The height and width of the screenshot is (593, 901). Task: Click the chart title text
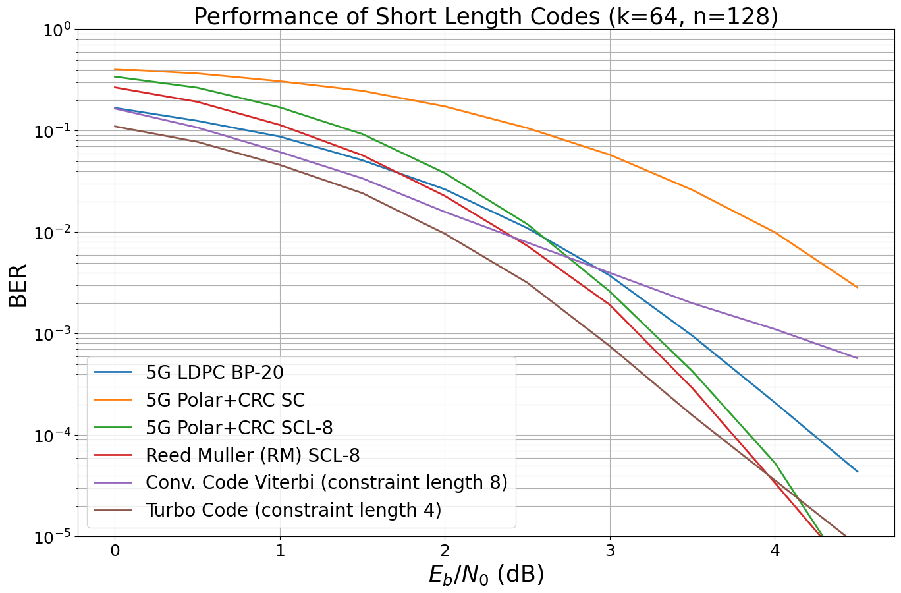tap(485, 16)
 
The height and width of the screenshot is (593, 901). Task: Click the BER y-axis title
tap(18, 285)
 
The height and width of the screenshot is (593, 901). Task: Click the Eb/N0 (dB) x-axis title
tap(485, 575)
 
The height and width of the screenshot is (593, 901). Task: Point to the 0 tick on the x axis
tap(115, 550)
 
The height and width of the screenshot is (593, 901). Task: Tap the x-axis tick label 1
tap(280, 550)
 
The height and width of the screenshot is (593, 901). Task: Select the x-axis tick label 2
tap(445, 550)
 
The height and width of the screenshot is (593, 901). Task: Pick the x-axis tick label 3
tap(610, 550)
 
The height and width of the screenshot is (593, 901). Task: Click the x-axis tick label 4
tap(775, 550)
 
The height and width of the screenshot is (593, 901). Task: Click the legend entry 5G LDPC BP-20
tap(214, 373)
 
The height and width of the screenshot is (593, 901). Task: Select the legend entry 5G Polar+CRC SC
tap(225, 400)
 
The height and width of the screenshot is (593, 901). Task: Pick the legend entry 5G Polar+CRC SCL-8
tap(238, 428)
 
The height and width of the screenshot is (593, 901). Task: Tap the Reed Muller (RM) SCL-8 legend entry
tap(252, 455)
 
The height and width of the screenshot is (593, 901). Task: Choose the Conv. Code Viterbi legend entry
tap(326, 483)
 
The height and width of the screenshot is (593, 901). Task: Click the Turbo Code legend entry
tap(293, 511)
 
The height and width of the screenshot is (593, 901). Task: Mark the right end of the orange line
tap(858, 287)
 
